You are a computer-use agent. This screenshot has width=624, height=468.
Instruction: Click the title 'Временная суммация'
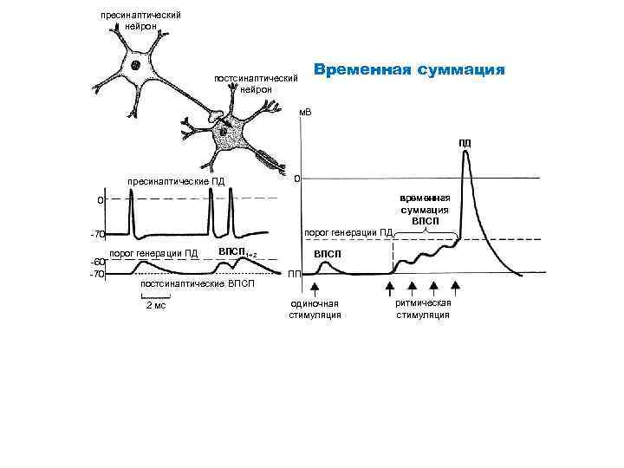pos(408,70)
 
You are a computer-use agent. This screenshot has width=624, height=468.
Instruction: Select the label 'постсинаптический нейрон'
pos(256,84)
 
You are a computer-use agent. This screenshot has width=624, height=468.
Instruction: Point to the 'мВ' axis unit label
pos(304,113)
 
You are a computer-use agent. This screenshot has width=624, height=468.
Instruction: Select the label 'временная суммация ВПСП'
pos(424,209)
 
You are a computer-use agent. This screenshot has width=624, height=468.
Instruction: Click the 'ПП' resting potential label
pos(295,275)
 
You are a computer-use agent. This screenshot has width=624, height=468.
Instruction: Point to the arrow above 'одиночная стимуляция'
pos(315,288)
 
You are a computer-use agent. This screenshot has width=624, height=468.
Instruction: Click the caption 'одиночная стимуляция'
pos(315,309)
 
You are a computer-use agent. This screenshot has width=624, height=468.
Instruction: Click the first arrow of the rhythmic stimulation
pos(390,288)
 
